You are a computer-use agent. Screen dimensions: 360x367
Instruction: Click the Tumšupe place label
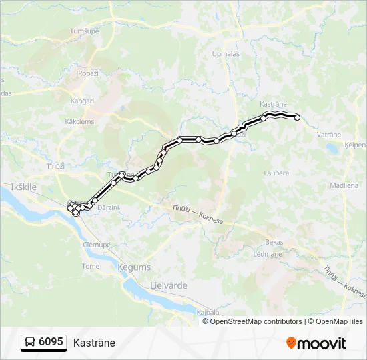84,31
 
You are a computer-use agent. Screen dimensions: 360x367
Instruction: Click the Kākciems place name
79,121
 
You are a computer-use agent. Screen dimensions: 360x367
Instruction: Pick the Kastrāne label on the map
273,105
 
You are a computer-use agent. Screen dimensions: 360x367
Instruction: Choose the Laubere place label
276,173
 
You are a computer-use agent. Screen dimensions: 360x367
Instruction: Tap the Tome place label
91,266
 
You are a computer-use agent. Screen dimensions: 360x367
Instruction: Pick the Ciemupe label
97,244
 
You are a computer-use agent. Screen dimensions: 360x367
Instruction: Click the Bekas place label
274,242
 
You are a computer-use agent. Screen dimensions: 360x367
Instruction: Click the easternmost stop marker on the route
298,118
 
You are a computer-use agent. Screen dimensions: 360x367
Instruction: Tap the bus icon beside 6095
30,343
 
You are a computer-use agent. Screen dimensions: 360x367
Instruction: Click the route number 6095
51,343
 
